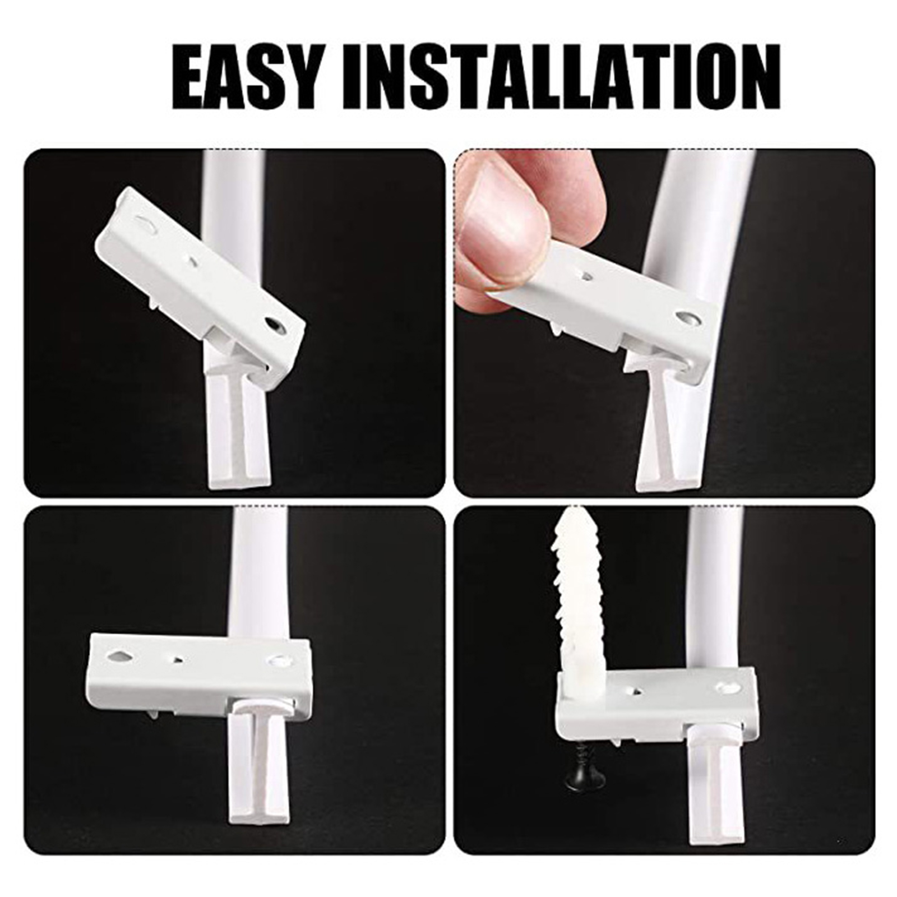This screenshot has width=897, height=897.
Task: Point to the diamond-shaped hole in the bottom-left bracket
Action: [122, 657]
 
